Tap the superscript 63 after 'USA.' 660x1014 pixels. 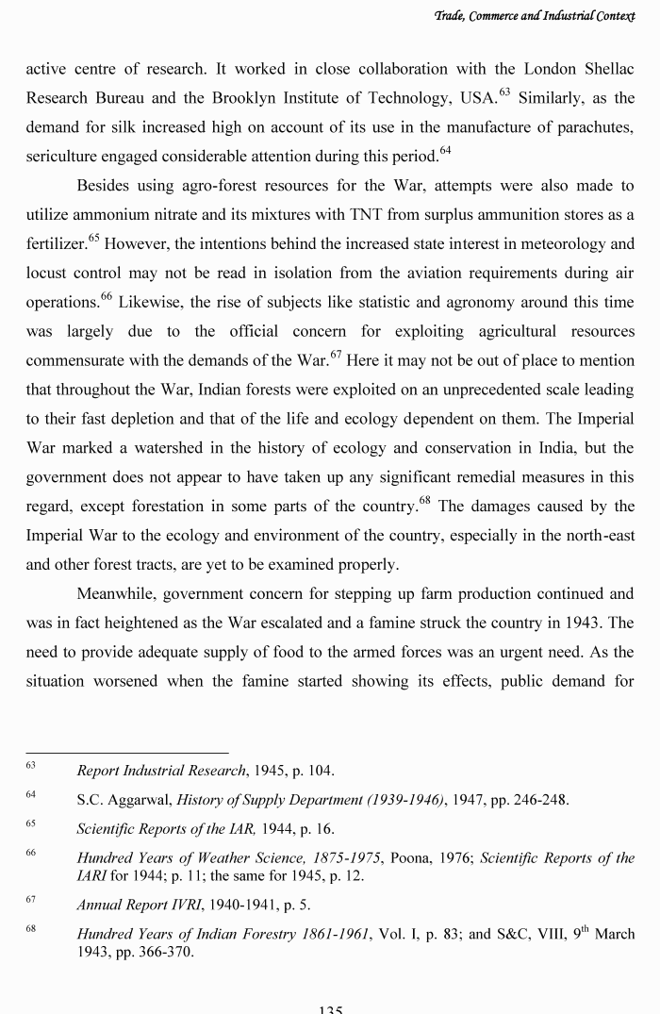point(504,92)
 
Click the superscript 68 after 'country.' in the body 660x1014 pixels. point(425,501)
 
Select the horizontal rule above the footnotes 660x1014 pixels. point(126,753)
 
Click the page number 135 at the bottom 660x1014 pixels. point(330,1007)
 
